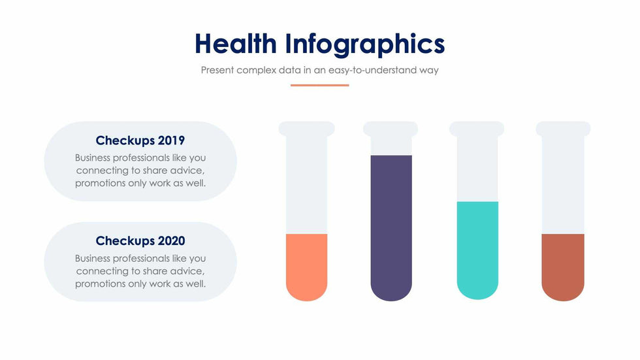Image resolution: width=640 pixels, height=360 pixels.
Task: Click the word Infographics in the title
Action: coord(364,44)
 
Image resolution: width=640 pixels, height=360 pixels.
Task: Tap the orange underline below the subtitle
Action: coord(319,85)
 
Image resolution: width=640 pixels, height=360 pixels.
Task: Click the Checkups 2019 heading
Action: coord(140,140)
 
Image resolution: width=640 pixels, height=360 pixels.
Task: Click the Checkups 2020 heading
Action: coord(140,241)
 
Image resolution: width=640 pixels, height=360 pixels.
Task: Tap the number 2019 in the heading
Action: coord(171,140)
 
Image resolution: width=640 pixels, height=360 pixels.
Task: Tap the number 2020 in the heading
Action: coord(171,241)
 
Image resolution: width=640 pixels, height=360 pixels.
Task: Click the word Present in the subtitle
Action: coord(217,70)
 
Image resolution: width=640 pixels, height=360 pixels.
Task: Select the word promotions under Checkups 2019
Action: coord(100,183)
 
